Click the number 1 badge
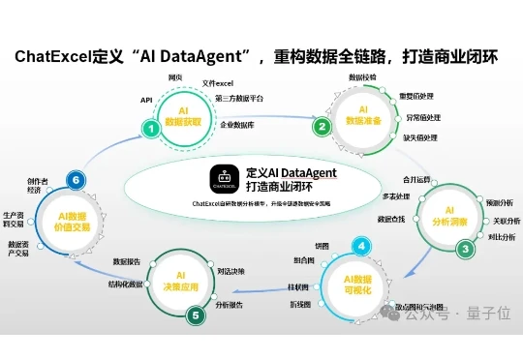[150, 127]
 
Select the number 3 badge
[466, 248]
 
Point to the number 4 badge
[360, 246]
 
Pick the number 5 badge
[198, 315]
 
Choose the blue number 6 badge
[71, 178]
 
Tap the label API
[146, 99]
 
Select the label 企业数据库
[239, 125]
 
